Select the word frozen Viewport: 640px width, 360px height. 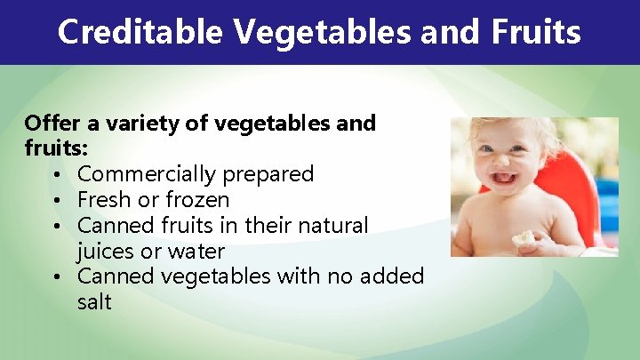tap(197, 200)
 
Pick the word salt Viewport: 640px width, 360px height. tap(94, 302)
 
